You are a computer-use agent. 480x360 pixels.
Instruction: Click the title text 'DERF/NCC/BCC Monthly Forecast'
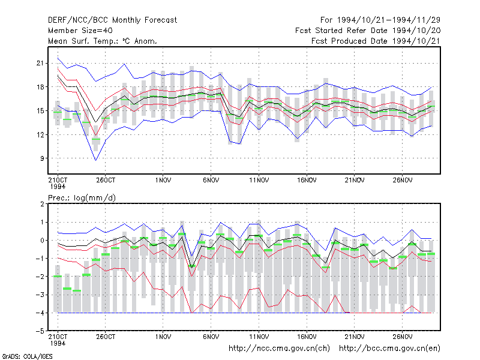coord(112,20)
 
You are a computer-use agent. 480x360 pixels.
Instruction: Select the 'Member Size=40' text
coord(80,31)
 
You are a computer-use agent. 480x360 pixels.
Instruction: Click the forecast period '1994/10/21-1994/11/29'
coord(389,20)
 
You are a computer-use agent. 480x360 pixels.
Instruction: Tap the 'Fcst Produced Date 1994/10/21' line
coord(376,41)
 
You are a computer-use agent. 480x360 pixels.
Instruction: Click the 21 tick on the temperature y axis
coord(40,63)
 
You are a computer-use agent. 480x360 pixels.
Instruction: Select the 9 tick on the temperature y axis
coord(41,158)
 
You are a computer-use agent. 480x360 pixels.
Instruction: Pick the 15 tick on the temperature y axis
coord(40,111)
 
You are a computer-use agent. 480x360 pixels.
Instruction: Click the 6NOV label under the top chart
coord(211,181)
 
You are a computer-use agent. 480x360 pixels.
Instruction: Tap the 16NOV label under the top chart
coord(307,181)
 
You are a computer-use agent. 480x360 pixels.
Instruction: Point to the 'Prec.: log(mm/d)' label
coord(82,198)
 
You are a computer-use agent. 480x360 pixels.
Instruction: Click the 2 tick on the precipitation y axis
coord(42,204)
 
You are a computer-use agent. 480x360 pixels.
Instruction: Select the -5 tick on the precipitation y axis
coord(40,331)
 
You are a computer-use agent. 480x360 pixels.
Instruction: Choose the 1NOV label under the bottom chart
coord(163,337)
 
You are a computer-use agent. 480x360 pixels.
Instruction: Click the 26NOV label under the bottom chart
coord(403,337)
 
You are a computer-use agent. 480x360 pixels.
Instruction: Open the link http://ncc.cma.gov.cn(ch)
coord(279,349)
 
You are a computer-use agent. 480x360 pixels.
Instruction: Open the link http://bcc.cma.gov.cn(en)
coord(389,349)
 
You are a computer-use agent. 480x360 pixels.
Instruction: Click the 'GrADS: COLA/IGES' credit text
coord(27,356)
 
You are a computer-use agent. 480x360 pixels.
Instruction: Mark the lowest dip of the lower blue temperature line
coord(96,160)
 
